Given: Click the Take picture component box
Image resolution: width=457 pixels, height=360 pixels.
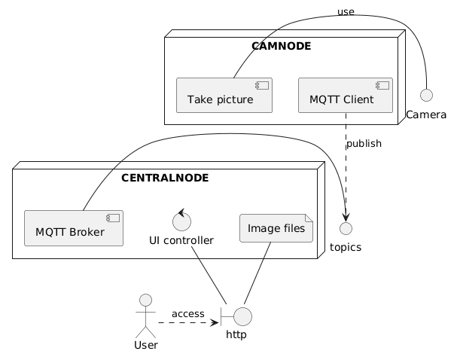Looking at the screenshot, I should [x=224, y=95].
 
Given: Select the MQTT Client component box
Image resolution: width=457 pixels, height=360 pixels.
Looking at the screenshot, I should [x=346, y=95].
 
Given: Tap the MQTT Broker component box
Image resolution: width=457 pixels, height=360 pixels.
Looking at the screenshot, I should [x=74, y=228].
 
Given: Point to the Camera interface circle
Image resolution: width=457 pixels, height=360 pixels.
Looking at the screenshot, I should [x=427, y=96].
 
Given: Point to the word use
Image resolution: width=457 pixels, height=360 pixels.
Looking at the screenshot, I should [x=346, y=11].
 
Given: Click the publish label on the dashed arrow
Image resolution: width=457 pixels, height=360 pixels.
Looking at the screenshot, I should [x=364, y=143].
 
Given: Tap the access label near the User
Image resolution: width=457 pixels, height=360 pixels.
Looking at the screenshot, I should [x=187, y=313].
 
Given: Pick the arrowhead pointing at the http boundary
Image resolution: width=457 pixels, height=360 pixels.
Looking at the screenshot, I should [x=215, y=322].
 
